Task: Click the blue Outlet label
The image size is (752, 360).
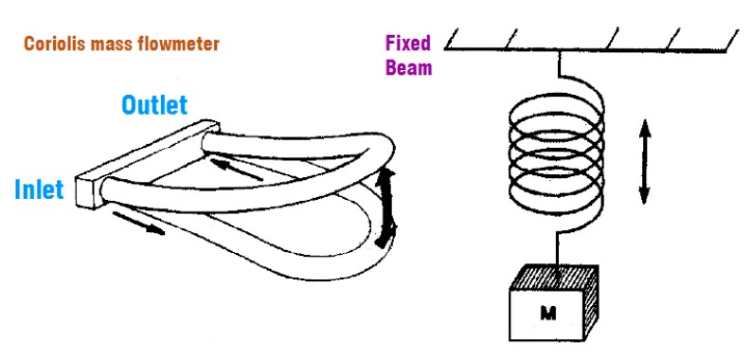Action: (x=154, y=105)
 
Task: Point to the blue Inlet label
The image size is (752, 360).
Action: (x=40, y=189)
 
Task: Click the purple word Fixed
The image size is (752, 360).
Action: (x=408, y=44)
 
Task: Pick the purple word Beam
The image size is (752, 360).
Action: (x=409, y=67)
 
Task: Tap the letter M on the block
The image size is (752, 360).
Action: (x=547, y=314)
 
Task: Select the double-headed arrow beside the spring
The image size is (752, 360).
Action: (x=644, y=162)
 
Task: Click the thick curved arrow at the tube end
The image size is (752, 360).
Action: (x=386, y=207)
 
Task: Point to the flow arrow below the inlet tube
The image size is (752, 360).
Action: (x=138, y=224)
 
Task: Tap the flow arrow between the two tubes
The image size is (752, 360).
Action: (x=236, y=170)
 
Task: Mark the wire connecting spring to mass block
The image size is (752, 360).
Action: (x=558, y=246)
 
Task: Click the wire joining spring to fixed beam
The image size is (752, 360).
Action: (x=559, y=63)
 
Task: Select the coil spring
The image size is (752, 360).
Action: (x=556, y=150)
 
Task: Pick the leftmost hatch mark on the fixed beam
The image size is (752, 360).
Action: (x=454, y=39)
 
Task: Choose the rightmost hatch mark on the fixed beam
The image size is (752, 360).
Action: (x=732, y=39)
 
